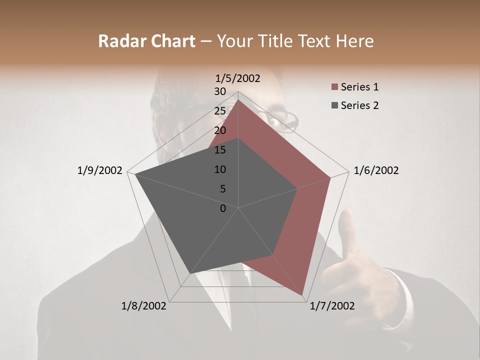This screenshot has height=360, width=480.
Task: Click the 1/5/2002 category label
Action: point(238,78)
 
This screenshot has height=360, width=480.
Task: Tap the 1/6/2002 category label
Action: point(376,170)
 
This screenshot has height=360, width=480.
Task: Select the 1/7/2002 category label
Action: point(332,306)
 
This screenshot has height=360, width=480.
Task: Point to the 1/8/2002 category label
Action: point(144,306)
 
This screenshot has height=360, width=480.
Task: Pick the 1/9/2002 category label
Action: point(100,170)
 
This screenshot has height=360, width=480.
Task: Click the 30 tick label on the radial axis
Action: point(219,91)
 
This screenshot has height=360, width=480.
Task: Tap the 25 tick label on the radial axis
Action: point(219,111)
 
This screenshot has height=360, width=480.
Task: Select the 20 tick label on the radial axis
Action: point(219,130)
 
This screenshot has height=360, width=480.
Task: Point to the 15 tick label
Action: point(219,150)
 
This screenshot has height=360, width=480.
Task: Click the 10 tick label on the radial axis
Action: point(219,169)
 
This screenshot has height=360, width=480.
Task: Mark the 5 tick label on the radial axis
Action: point(222,189)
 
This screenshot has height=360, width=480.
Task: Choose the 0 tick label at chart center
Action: point(222,208)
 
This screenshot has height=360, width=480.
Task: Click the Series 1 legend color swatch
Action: point(334,87)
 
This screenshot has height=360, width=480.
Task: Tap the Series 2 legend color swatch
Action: point(334,105)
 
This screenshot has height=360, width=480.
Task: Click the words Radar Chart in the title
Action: point(146,41)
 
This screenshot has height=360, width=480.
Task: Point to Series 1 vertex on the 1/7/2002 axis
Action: point(303,295)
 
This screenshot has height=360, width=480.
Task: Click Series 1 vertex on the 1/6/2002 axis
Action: point(330,177)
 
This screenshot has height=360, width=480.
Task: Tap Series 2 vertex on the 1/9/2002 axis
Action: point(135,174)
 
